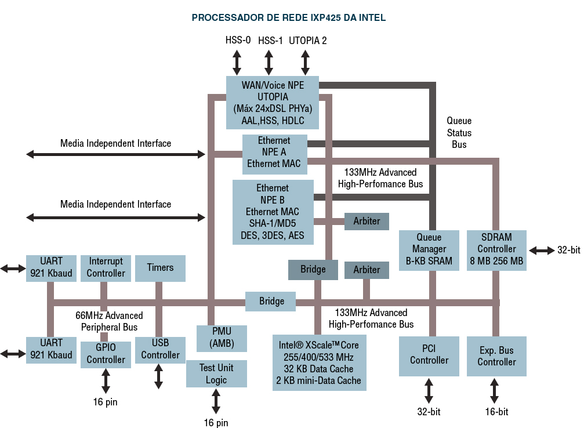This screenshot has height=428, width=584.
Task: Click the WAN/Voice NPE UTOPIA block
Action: pos(272,102)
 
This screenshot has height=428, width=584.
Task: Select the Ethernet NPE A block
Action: pos(274,153)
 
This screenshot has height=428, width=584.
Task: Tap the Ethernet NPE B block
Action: pos(273,212)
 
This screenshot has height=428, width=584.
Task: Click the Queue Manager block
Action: pos(429,249)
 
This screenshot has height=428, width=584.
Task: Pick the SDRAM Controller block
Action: pos(496,249)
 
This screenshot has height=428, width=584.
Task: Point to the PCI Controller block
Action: pos(429,355)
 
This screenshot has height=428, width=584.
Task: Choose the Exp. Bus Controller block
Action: pos(496,356)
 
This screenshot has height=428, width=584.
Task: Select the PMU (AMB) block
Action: pos(222,338)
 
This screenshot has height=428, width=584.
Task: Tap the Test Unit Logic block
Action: pos(216,373)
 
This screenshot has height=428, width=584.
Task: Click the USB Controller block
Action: pos(160,349)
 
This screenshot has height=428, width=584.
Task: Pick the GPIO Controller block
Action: pos(106,354)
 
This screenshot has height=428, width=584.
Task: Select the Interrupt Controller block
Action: pos(106,267)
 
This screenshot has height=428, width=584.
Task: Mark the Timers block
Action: pos(160,268)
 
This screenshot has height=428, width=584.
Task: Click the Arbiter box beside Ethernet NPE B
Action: pos(367,221)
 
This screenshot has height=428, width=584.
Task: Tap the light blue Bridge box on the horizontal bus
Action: pos(271,302)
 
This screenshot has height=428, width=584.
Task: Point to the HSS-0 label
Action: pos(238,41)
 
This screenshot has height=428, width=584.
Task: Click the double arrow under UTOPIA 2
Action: pos(306,61)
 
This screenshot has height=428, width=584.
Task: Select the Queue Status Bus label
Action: pos(459,132)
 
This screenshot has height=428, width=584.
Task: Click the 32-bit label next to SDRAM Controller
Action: pos(568,250)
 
